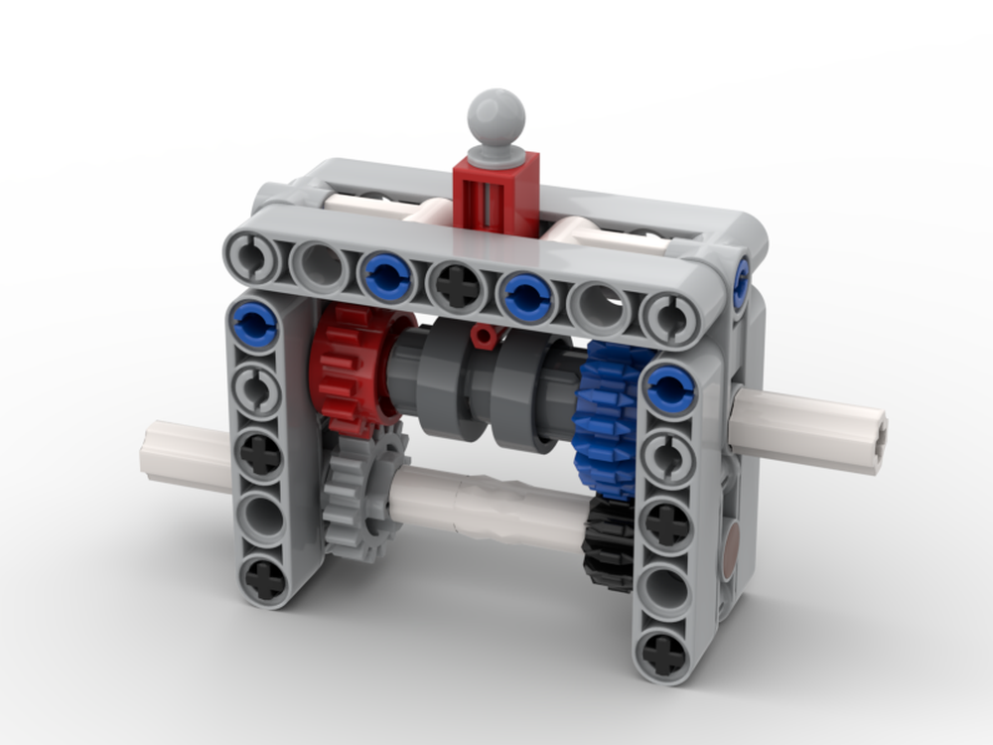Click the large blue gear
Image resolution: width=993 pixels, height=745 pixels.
pos(606,417)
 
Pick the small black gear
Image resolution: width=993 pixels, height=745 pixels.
pos(608,541)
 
